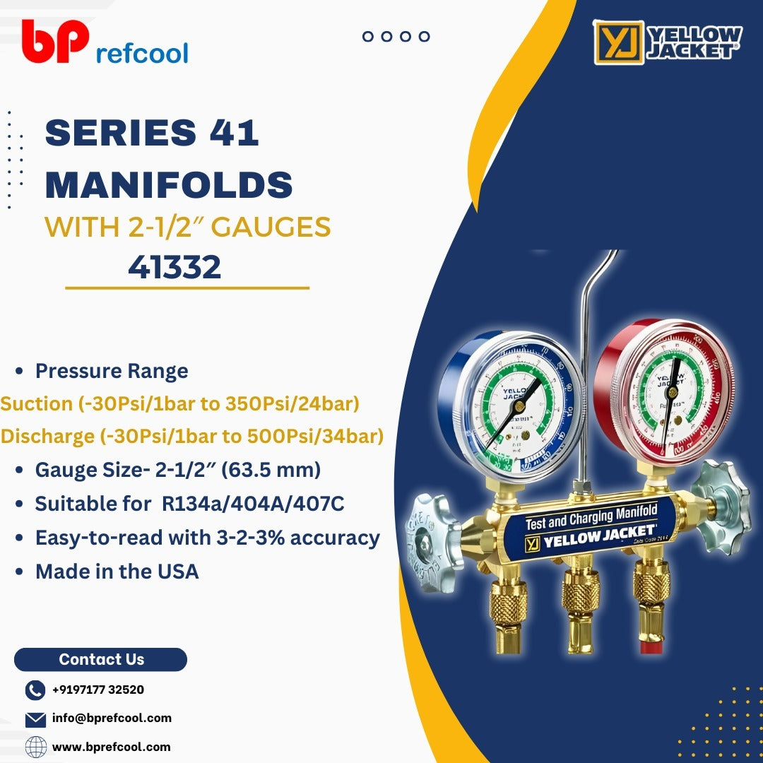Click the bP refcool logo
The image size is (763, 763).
pos(105,44)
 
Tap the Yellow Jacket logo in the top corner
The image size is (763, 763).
pos(668,42)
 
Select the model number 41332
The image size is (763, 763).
pos(175,268)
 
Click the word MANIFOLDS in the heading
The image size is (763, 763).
pos(169,184)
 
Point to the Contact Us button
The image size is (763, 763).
pos(100,660)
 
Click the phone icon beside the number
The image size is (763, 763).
pos(35,690)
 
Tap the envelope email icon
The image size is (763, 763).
pos(35,719)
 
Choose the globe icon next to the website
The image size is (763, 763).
pos(35,747)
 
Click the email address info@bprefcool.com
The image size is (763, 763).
pos(112,718)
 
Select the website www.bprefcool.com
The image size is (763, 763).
pos(112,747)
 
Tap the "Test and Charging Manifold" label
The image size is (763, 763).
pos(591,516)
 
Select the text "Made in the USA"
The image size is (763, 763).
pos(117,572)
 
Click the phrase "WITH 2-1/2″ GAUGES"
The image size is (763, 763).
pos(188,227)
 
